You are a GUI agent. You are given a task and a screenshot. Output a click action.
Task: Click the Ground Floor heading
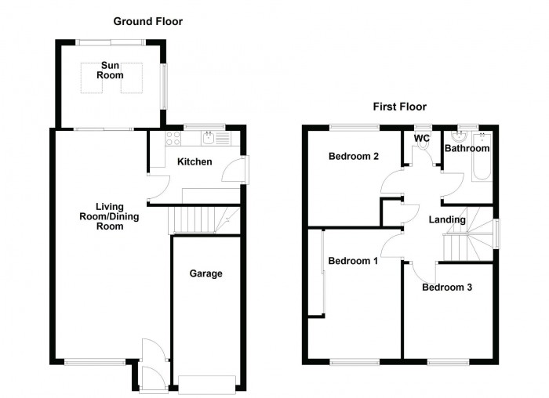pyautogui.click(x=147, y=21)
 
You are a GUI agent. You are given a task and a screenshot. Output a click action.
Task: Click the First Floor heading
pyautogui.click(x=399, y=107)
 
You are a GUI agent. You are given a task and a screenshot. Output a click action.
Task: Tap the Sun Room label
pyautogui.click(x=111, y=71)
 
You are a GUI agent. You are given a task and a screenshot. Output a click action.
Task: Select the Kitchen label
pyautogui.click(x=194, y=162)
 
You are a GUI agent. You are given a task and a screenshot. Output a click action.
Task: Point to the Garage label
pyautogui.click(x=205, y=274)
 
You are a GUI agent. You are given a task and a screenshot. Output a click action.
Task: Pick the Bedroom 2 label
pyautogui.click(x=354, y=157)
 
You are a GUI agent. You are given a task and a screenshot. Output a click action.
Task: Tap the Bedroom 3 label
pyautogui.click(x=447, y=288)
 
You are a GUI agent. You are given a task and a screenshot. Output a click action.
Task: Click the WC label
pyautogui.click(x=422, y=139)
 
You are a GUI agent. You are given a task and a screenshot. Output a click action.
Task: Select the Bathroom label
pyautogui.click(x=467, y=148)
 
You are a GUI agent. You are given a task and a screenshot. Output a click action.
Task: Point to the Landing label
pyautogui.click(x=447, y=220)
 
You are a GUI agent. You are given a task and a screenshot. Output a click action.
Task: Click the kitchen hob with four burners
pyautogui.click(x=174, y=140)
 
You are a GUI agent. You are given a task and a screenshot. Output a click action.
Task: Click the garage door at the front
pyautogui.click(x=206, y=382)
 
